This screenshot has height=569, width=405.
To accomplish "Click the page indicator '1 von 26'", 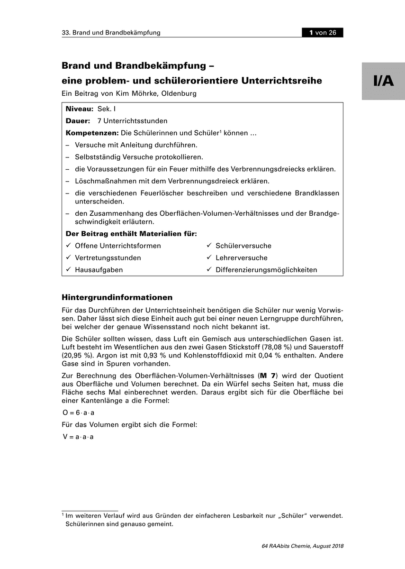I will (323, 33).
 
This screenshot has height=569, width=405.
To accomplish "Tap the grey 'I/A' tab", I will (383, 81).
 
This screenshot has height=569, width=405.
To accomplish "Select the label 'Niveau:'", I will (79, 109).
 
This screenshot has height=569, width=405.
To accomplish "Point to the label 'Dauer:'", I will (78, 121).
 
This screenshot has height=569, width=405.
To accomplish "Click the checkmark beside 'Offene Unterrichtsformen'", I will (69, 246).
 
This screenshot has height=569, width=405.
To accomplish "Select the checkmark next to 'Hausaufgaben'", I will (69, 270).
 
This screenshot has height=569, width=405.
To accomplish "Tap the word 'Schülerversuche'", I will (243, 246).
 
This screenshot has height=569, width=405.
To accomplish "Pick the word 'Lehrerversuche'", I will (242, 258).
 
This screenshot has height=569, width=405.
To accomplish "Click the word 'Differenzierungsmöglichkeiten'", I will (266, 270).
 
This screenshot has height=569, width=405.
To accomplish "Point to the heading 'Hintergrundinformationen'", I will (117, 298).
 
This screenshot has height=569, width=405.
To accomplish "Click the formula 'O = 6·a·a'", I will (79, 413).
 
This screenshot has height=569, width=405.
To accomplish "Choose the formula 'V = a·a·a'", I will (78, 437).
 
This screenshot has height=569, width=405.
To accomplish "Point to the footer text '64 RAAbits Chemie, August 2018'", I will (302, 546).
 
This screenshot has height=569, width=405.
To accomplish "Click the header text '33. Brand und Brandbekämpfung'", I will (111, 33).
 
